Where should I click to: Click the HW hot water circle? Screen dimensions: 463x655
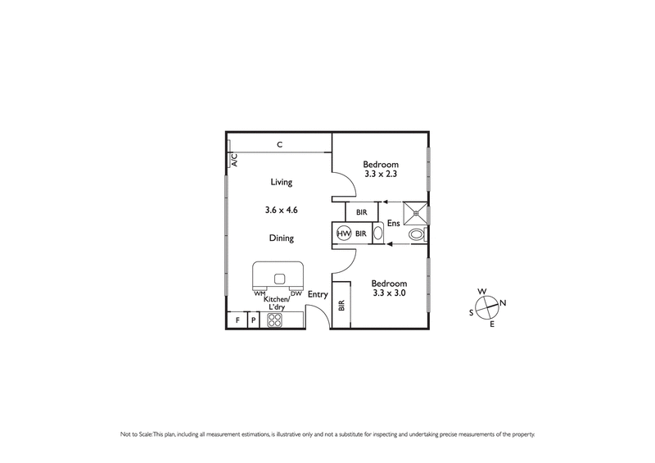(344, 234)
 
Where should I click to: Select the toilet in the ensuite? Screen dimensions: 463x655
(418, 234)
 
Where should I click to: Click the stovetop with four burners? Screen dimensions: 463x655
(275, 320)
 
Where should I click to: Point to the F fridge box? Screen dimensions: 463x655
(237, 320)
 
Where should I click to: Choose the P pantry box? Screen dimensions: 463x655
(254, 320)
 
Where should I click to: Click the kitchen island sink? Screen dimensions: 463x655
(278, 277)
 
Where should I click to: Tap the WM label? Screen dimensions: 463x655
(259, 293)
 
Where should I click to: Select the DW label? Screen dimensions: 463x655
(296, 293)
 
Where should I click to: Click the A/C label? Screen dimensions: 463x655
(233, 161)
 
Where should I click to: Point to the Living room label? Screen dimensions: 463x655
(281, 183)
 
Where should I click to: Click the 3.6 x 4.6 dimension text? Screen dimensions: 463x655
(281, 210)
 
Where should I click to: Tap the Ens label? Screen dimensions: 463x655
(393, 223)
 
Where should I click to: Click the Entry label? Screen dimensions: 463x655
(318, 295)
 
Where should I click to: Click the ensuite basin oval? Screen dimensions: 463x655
(377, 234)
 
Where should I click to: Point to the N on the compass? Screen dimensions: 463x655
(503, 303)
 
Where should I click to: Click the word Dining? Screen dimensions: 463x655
(281, 238)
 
